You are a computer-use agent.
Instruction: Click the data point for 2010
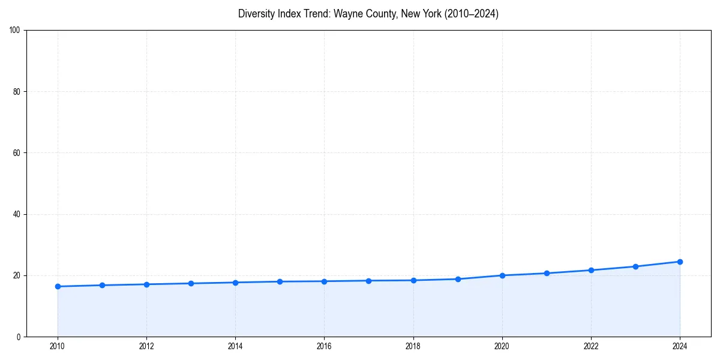tap(58, 286)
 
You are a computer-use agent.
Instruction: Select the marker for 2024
tap(680, 262)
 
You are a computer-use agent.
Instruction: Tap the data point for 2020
tap(502, 275)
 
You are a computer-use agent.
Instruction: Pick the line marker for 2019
tap(458, 279)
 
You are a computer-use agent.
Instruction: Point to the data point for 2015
tap(280, 281)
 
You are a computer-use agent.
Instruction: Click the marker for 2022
tap(591, 270)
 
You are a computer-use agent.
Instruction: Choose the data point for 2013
tap(191, 283)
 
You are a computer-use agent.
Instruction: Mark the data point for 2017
tap(368, 281)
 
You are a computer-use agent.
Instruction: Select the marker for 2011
tap(102, 285)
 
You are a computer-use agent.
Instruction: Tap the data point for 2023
tap(635, 266)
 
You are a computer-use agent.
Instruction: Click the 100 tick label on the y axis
tap(15, 30)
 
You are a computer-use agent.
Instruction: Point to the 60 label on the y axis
tap(17, 153)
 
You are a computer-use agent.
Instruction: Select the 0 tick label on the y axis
tap(19, 337)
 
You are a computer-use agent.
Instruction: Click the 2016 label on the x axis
tap(324, 346)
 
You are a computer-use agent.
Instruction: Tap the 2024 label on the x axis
tap(680, 346)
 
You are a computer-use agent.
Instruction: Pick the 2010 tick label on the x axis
tap(58, 346)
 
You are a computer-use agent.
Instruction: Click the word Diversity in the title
tap(256, 14)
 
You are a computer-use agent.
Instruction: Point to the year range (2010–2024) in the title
tap(471, 14)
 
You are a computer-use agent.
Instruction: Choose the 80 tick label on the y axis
tap(17, 92)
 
